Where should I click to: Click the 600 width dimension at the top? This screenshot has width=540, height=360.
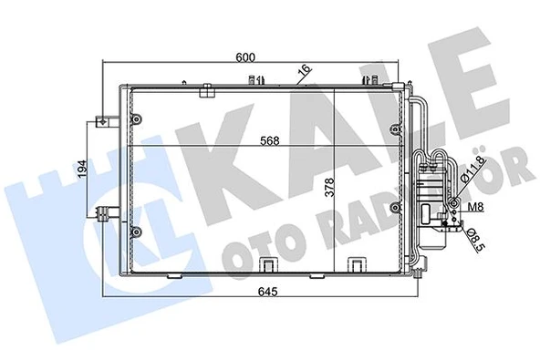click(x=245, y=56)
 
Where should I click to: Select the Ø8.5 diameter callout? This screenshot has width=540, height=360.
click(x=473, y=241)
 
